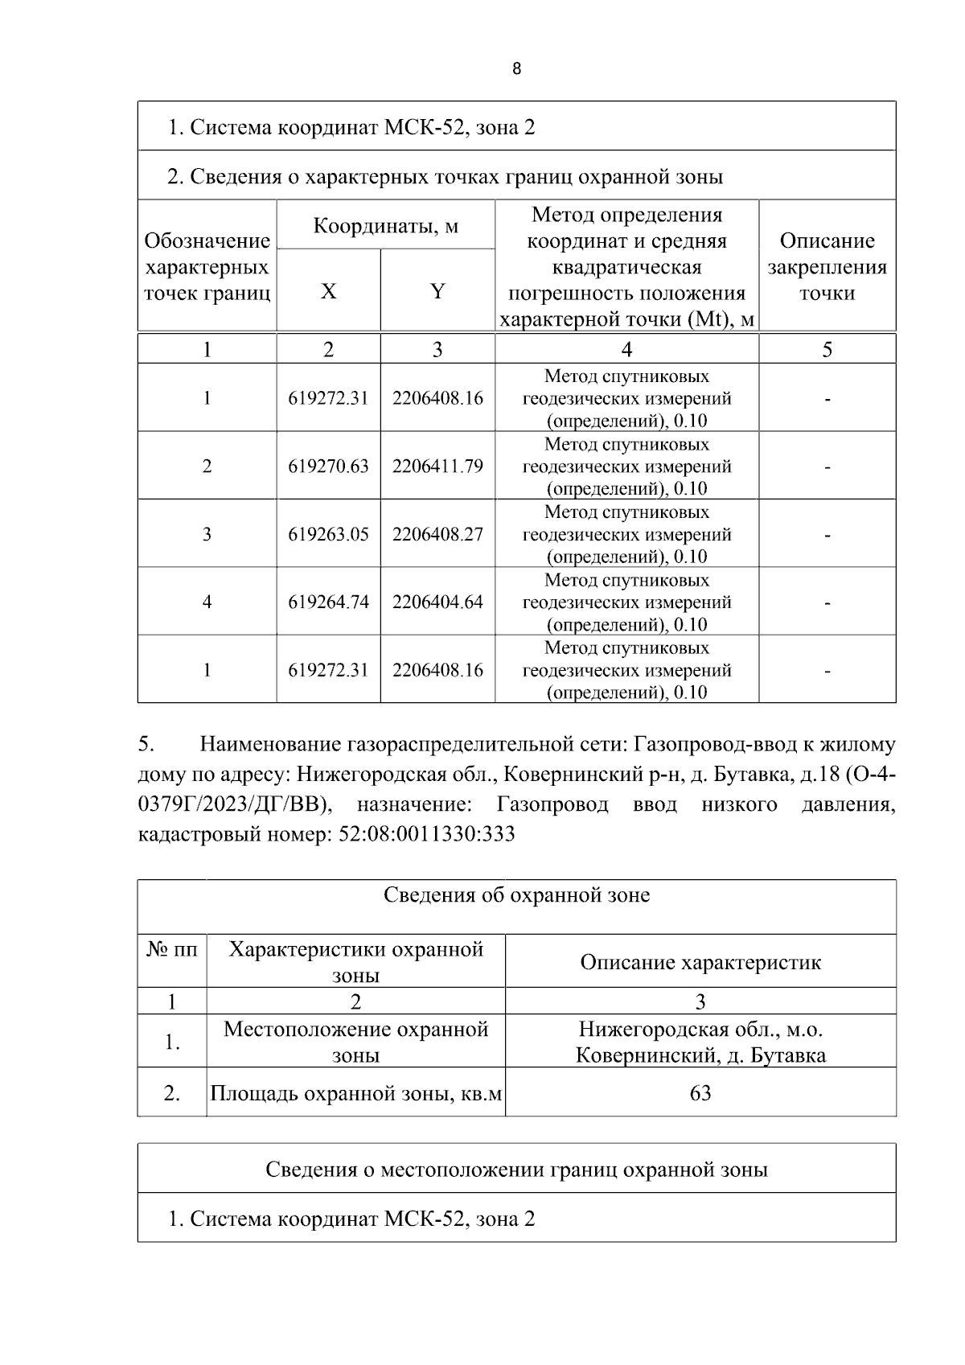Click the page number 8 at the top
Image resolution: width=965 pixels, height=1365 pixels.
pyautogui.click(x=516, y=69)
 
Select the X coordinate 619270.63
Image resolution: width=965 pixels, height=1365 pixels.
pyautogui.click(x=328, y=466)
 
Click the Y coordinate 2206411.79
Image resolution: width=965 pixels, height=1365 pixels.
pyautogui.click(x=437, y=466)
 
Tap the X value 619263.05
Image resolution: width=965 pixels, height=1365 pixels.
pyautogui.click(x=328, y=534)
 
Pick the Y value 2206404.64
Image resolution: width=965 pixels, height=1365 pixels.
pyautogui.click(x=437, y=602)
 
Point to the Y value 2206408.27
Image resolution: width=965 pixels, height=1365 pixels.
pyautogui.click(x=437, y=534)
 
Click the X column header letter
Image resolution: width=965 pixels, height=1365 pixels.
pyautogui.click(x=328, y=291)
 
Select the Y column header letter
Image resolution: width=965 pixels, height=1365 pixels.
pyautogui.click(x=437, y=291)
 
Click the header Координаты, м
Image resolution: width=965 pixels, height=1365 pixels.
pyautogui.click(x=385, y=225)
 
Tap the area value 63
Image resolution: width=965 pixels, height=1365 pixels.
pyautogui.click(x=700, y=1093)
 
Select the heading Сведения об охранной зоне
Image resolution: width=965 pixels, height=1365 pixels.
pyautogui.click(x=516, y=895)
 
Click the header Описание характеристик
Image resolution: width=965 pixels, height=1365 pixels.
pyautogui.click(x=700, y=962)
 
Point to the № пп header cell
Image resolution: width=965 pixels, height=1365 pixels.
pyautogui.click(x=172, y=950)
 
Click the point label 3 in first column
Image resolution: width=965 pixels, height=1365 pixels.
pyautogui.click(x=207, y=534)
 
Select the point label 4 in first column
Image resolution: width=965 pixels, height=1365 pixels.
pyautogui.click(x=207, y=602)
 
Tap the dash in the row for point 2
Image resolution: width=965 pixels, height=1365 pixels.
pyautogui.click(x=827, y=467)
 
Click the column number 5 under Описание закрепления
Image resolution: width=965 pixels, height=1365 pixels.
pyautogui.click(x=827, y=349)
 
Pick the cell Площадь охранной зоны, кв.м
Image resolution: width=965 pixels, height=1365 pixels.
pyautogui.click(x=355, y=1093)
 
